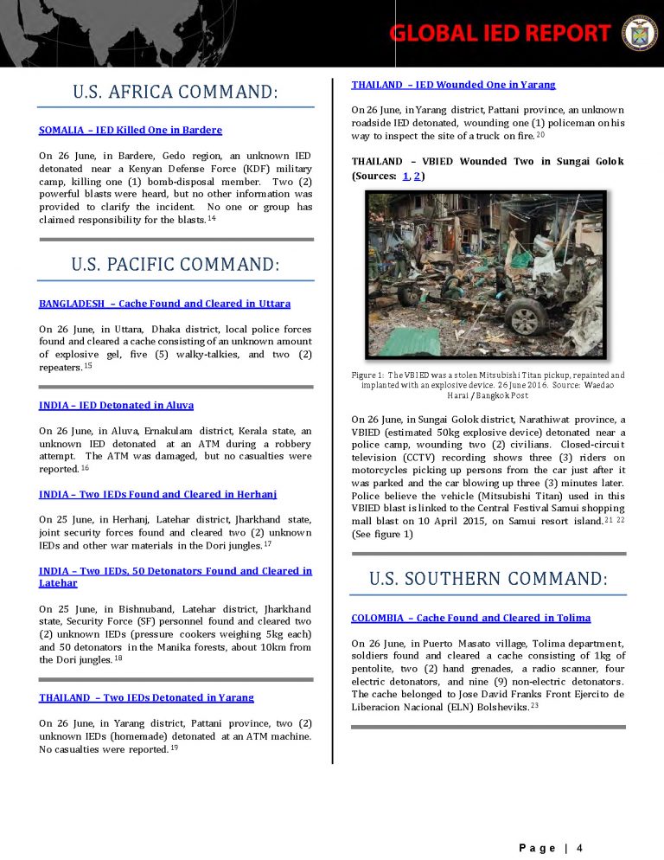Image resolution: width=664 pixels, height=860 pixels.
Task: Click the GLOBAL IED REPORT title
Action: (500, 33)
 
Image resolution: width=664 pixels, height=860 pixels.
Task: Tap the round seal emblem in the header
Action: (640, 32)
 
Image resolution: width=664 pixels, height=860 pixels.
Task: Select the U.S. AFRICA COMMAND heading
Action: (176, 92)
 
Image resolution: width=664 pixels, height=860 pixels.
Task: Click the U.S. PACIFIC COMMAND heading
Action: (176, 265)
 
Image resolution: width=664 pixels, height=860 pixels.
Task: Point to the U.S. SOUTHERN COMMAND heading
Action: (488, 579)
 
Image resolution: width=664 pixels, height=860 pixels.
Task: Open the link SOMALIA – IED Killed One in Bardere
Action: (131, 130)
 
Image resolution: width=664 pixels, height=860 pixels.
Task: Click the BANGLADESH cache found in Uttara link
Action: (164, 304)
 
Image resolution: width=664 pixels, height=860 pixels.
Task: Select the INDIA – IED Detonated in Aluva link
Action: (116, 405)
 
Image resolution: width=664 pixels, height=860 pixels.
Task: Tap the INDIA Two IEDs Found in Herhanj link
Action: (157, 494)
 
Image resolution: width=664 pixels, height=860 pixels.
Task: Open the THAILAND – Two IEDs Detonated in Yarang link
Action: (146, 697)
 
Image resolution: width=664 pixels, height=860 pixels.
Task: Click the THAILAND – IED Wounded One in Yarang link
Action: (453, 85)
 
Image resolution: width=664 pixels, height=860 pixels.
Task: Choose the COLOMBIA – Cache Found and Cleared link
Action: (470, 618)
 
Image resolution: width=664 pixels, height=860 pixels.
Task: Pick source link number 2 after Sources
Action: (418, 176)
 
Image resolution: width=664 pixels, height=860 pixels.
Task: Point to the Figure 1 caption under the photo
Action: (488, 384)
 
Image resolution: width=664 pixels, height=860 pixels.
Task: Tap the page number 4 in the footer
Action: (579, 847)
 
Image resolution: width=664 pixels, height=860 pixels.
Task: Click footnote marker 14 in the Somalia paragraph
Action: (211, 219)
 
